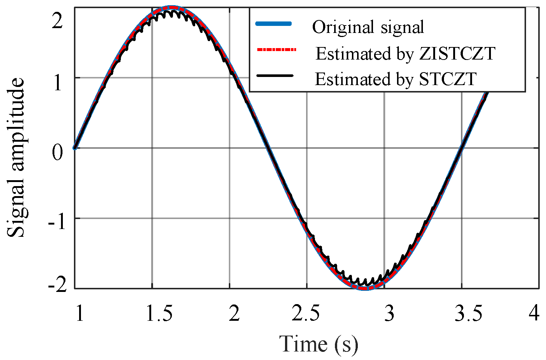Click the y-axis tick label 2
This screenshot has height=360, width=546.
(x=57, y=21)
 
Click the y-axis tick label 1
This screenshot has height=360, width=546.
(x=58, y=83)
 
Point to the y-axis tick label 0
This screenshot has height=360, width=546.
(x=57, y=152)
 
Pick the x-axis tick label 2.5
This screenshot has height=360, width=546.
(x=306, y=313)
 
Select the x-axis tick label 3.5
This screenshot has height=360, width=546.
(x=468, y=313)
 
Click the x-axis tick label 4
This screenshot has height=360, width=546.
(x=534, y=313)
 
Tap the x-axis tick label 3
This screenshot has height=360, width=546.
(x=389, y=313)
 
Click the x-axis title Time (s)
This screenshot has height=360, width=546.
(x=319, y=343)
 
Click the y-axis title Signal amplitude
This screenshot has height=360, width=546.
(x=16, y=157)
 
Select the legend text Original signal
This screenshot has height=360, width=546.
(x=368, y=27)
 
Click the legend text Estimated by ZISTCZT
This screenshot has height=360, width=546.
(x=405, y=54)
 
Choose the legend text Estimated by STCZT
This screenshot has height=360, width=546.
(x=396, y=79)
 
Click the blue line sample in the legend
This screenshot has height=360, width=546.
(x=274, y=24)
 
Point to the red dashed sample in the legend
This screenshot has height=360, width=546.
(x=276, y=50)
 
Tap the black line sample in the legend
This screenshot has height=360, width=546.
(x=274, y=75)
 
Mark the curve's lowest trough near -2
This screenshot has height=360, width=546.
(x=364, y=288)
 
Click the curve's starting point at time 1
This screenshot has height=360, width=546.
(x=75, y=148)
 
